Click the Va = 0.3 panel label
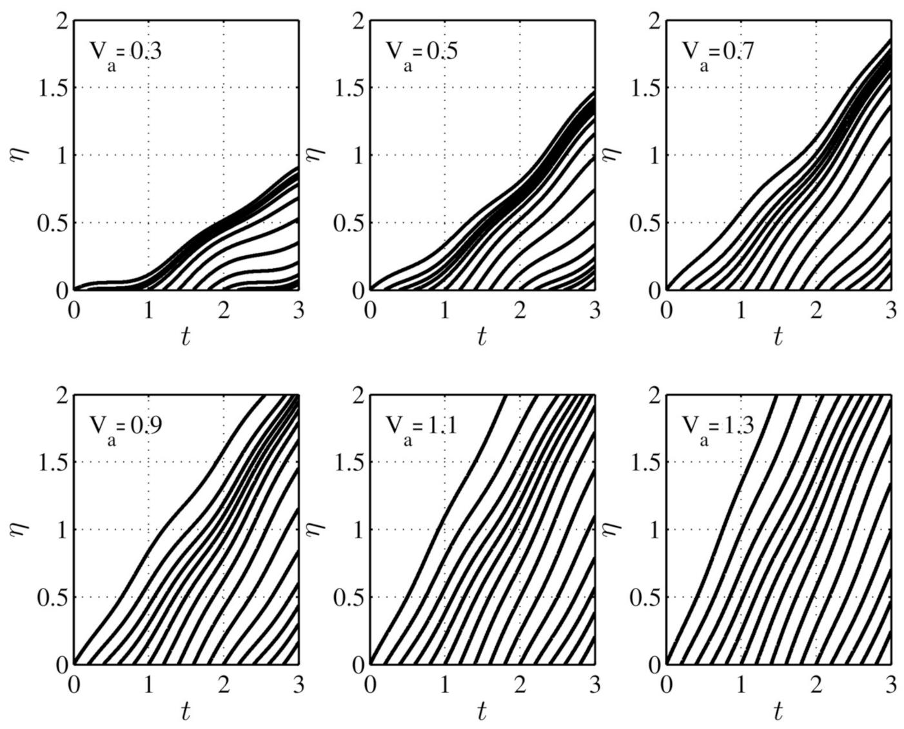pyautogui.click(x=125, y=53)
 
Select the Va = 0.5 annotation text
pyautogui.click(x=422, y=53)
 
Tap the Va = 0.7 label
pyautogui.click(x=718, y=53)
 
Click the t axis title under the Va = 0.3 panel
pyautogui.click(x=186, y=337)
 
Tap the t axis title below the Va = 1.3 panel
pyautogui.click(x=778, y=711)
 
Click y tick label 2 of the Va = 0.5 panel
pyautogui.click(x=359, y=21)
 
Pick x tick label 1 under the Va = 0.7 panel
pyautogui.click(x=741, y=310)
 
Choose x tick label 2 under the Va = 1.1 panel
pyautogui.click(x=519, y=684)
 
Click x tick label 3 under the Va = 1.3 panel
pyautogui.click(x=890, y=684)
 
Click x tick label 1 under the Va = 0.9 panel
pyautogui.click(x=148, y=684)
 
